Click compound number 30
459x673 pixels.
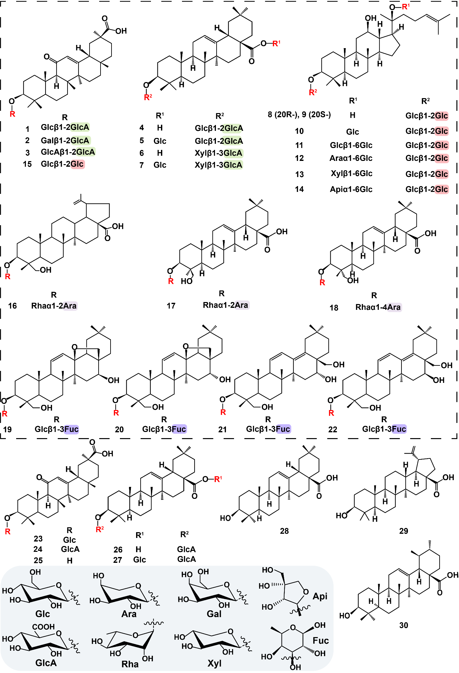tap(403, 625)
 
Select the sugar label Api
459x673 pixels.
tap(320, 596)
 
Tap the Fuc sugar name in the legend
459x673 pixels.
tap(321, 640)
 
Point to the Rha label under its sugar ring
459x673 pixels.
tap(130, 664)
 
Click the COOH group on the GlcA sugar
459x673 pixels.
tap(43, 627)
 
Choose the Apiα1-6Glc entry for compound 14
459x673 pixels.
tap(351, 189)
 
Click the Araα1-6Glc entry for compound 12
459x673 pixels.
tap(351, 158)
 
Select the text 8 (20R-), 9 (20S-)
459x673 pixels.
tap(299, 115)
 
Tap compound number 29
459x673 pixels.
tap(403, 531)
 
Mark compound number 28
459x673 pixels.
tap(284, 531)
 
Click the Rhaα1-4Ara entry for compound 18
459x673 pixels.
tap(378, 307)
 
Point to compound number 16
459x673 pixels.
tap(12, 306)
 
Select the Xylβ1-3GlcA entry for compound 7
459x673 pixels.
tap(219, 165)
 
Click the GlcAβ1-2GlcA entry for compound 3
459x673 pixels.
tap(68, 152)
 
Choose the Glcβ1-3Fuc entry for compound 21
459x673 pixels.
tap(268, 429)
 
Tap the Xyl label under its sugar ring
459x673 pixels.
tap(214, 663)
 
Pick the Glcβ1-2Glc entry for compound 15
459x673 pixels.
tap(62, 164)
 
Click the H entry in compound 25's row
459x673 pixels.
tap(69, 561)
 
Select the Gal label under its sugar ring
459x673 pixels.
tap(214, 614)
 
